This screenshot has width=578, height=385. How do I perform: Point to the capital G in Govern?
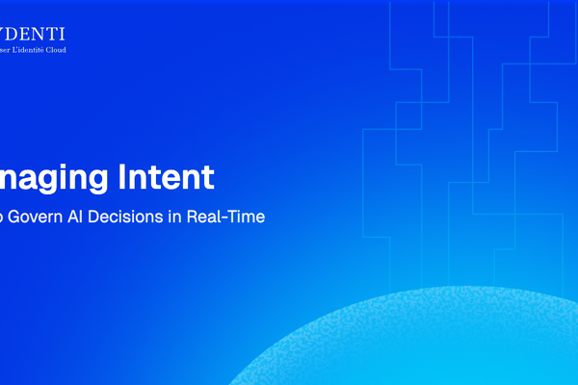(x=17, y=217)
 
